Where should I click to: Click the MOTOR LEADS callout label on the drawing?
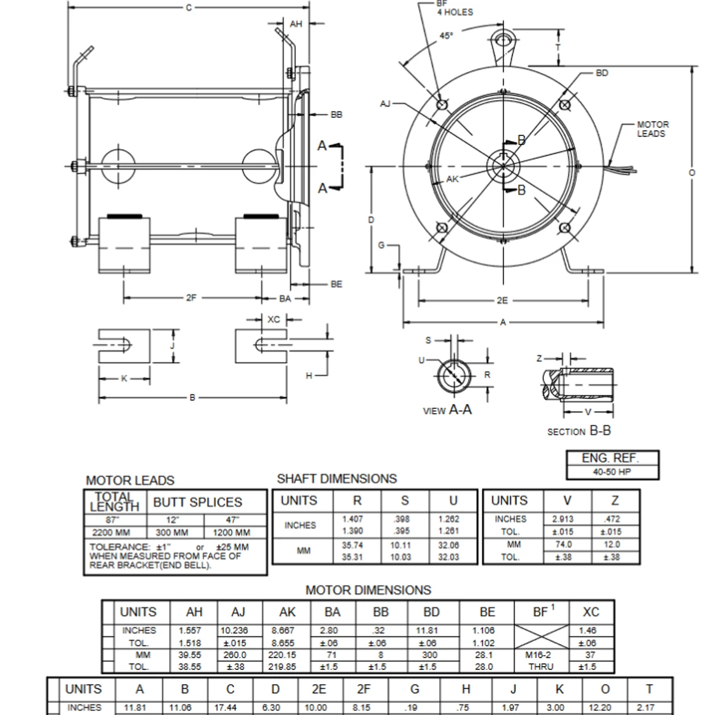[x=652, y=129]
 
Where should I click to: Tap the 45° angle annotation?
[x=446, y=36]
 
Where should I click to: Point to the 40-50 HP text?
[x=612, y=472]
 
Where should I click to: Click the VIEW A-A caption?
[x=447, y=410]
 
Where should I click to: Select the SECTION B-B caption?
[x=578, y=431]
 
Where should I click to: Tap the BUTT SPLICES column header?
[x=197, y=502]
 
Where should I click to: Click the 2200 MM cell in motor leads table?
[x=111, y=533]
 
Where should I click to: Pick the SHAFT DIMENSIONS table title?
[x=337, y=479]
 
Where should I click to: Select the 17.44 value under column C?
[x=225, y=708]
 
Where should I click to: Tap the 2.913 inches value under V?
[x=562, y=519]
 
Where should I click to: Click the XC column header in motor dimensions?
[x=591, y=612]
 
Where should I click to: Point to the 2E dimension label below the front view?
[x=502, y=301]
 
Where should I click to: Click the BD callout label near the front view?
[x=602, y=73]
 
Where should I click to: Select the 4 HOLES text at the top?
[x=454, y=12]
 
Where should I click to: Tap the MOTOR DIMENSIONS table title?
[x=368, y=590]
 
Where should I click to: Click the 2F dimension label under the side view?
[x=191, y=298]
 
